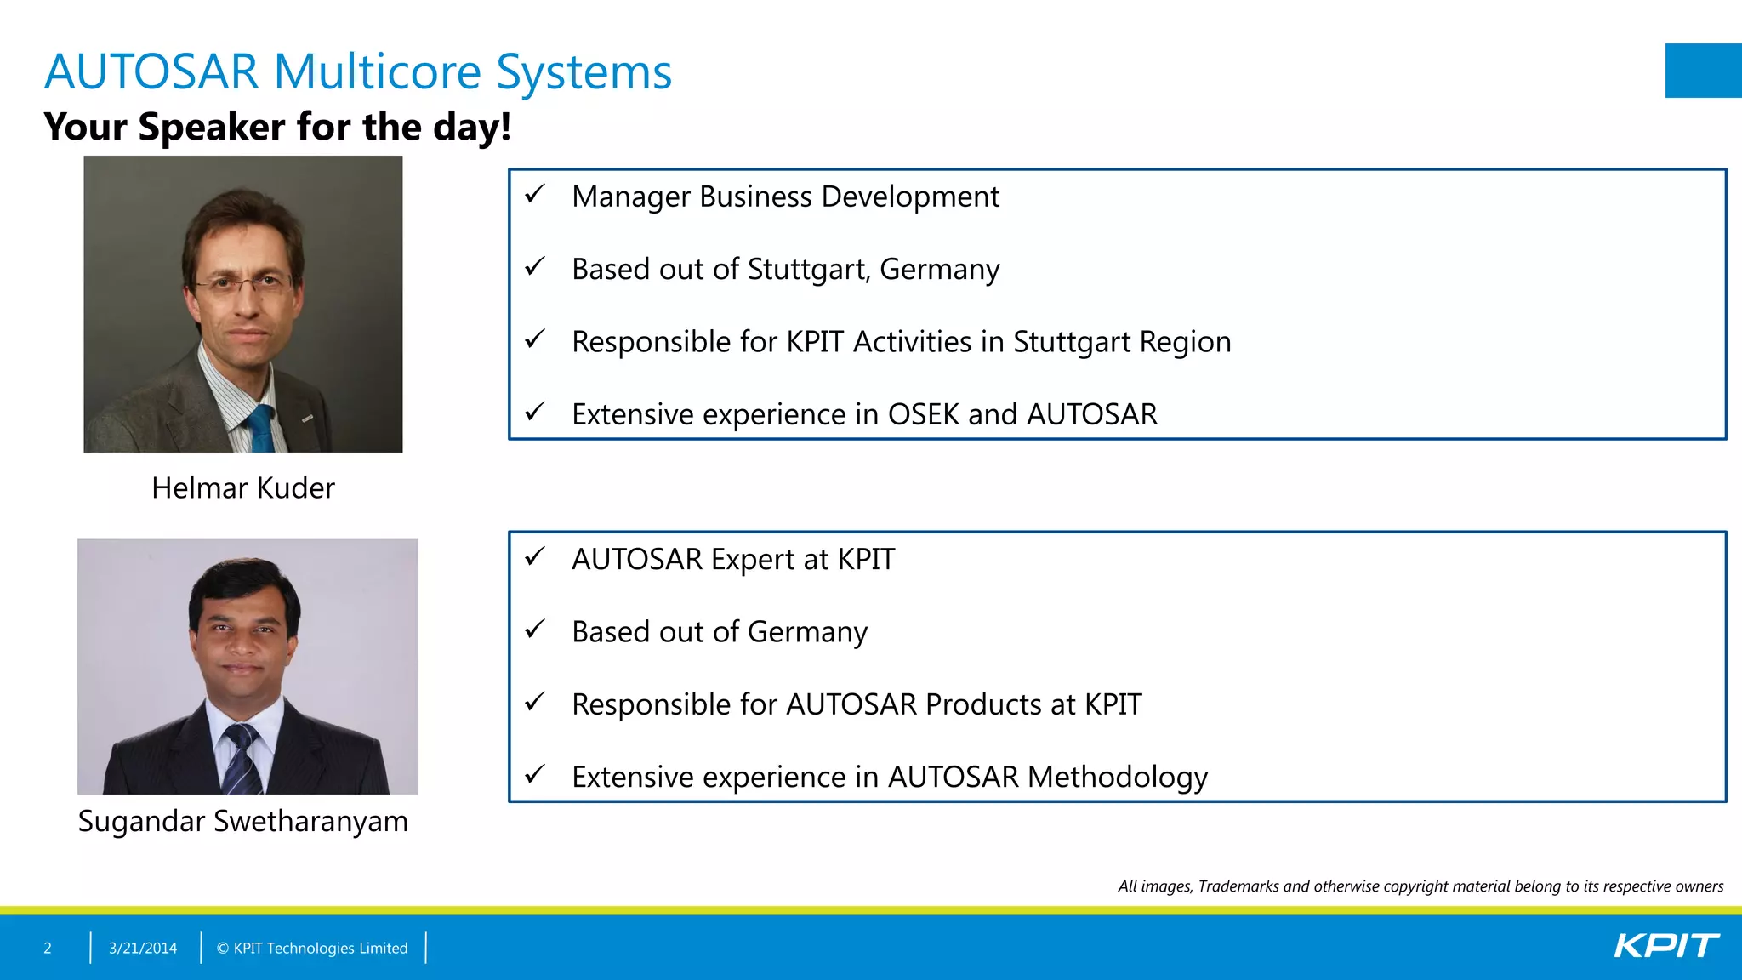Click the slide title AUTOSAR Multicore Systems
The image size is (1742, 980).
(357, 71)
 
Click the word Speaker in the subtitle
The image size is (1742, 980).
(212, 128)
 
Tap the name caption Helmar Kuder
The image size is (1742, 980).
(242, 488)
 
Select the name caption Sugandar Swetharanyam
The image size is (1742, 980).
(242, 822)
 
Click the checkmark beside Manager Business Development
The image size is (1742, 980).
(534, 195)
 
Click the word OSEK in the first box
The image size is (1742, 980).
(924, 414)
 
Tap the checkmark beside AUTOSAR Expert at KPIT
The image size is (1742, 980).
(534, 557)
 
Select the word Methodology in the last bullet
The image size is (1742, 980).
(1117, 778)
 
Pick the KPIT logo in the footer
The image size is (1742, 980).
(1665, 946)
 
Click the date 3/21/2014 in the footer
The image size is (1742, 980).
(143, 948)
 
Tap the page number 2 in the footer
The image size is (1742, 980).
(48, 948)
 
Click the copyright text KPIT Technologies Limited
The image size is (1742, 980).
(320, 948)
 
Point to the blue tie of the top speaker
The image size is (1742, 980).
(260, 429)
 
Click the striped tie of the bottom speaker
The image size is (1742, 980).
(241, 759)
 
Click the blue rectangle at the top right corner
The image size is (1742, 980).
(1703, 71)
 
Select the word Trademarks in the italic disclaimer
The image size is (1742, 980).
(1238, 886)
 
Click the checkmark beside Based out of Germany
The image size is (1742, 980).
(534, 630)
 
